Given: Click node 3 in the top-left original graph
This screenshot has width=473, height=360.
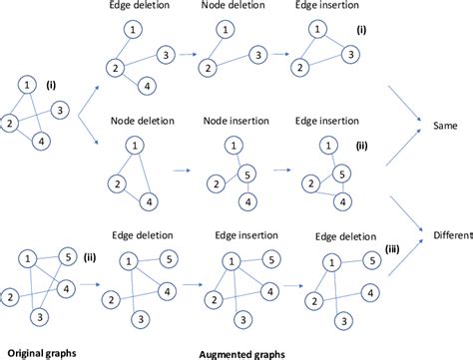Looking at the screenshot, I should pyautogui.click(x=60, y=108).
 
